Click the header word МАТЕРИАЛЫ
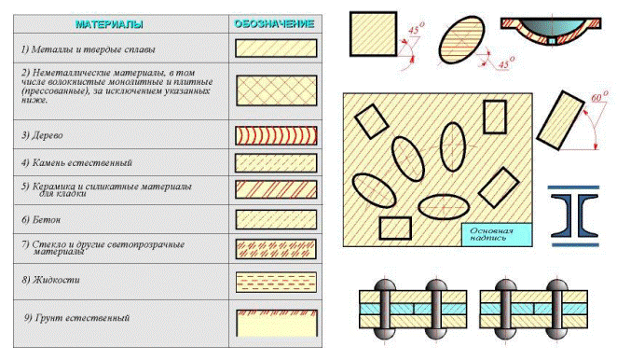(109, 24)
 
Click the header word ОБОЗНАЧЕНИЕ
(274, 24)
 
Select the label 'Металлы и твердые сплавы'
(89, 49)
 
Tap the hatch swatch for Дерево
(276, 135)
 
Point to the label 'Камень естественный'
(76, 162)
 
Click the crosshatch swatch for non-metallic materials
(277, 90)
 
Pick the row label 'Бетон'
(41, 220)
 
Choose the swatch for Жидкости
(276, 282)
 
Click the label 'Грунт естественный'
(76, 318)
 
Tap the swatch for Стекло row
(276, 249)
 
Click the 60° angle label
(599, 96)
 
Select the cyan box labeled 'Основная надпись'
(497, 235)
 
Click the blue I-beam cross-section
(574, 215)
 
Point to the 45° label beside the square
(416, 29)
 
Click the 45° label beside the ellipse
(506, 63)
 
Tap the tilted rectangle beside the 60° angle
(560, 120)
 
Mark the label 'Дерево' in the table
(42, 135)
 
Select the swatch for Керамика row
(276, 189)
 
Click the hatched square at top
(373, 34)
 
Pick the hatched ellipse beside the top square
(461, 40)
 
